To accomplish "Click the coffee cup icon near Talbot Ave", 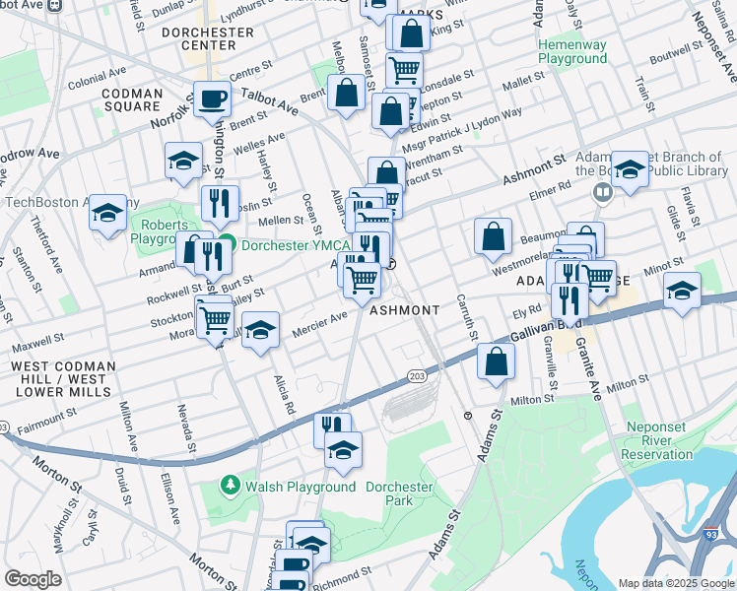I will (212, 98).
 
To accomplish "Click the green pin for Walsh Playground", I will (230, 486).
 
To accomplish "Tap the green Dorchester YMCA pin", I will (227, 244).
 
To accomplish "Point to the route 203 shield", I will (415, 374).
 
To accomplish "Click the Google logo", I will (33, 579).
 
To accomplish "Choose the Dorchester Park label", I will (399, 493).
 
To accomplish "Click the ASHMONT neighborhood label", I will (404, 310).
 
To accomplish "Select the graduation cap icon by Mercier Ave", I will (260, 330).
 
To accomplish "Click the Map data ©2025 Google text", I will (675, 582).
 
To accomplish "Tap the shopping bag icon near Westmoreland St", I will (492, 236).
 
